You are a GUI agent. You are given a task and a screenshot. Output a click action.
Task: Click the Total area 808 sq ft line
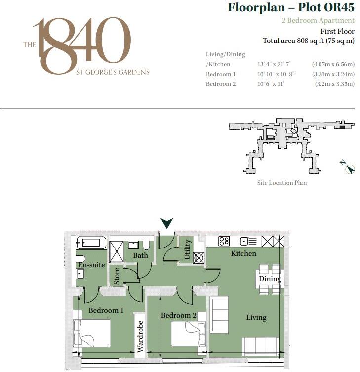click(x=309, y=41)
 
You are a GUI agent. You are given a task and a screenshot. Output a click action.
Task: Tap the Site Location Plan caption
click(x=282, y=183)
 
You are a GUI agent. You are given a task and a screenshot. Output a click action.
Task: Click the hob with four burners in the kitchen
click(x=224, y=241)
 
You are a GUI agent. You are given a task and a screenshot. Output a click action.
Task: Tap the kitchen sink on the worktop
click(x=248, y=241)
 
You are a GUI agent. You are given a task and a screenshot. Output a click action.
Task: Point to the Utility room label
click(x=187, y=249)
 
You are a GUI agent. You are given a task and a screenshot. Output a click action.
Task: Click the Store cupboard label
click(x=117, y=276)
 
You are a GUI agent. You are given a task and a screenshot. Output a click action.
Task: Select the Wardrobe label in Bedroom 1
click(x=140, y=336)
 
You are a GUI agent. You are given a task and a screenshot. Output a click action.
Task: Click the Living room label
click(x=256, y=317)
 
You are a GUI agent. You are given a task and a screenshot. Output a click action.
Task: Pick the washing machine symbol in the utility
click(x=199, y=258)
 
